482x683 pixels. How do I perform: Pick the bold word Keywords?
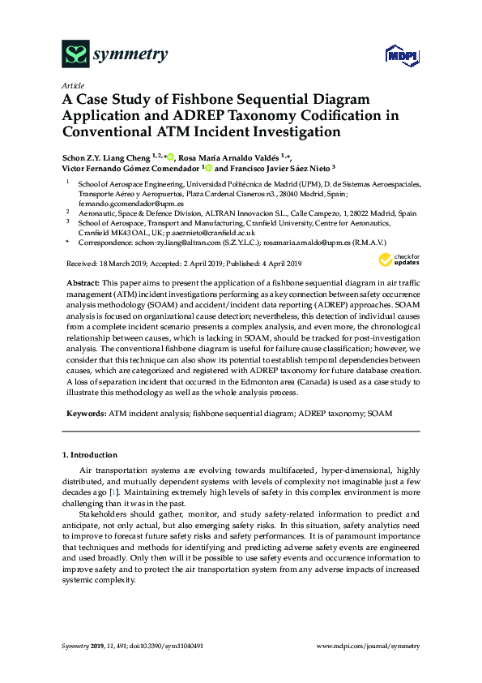[87, 413]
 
